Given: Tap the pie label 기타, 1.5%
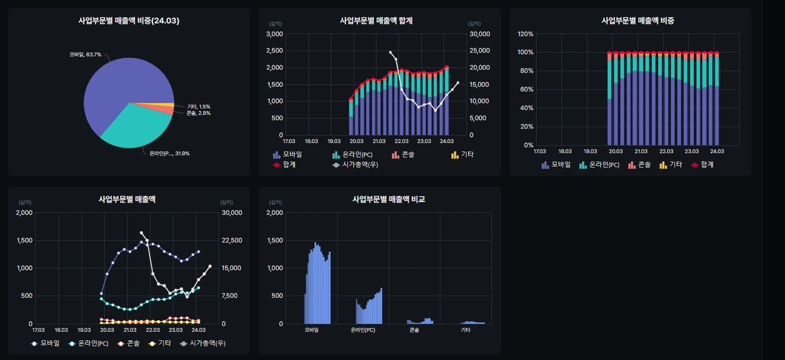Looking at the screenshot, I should pyautogui.click(x=198, y=106).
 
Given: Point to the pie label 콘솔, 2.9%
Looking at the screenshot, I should pyautogui.click(x=198, y=113).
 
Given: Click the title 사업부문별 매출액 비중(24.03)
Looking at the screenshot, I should pyautogui.click(x=129, y=21).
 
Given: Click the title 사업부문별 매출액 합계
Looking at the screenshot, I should pyautogui.click(x=376, y=21).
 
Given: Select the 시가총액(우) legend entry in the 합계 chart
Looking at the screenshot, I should pyautogui.click(x=355, y=165).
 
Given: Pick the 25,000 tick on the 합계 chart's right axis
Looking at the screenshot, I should pyautogui.click(x=479, y=51).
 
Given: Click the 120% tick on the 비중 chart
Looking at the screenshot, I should pyautogui.click(x=525, y=34).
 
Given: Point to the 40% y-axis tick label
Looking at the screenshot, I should pyautogui.click(x=527, y=108).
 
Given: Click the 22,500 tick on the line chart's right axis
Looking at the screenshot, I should pyautogui.click(x=231, y=240).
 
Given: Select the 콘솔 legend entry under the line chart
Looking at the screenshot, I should pyautogui.click(x=128, y=344).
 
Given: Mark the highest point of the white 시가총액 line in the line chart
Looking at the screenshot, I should pyautogui.click(x=141, y=233).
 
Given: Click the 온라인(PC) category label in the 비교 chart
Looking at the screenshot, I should pyautogui.click(x=363, y=330).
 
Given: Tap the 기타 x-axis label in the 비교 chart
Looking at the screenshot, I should pyautogui.click(x=465, y=330).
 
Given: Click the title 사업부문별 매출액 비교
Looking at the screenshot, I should pyautogui.click(x=389, y=199).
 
